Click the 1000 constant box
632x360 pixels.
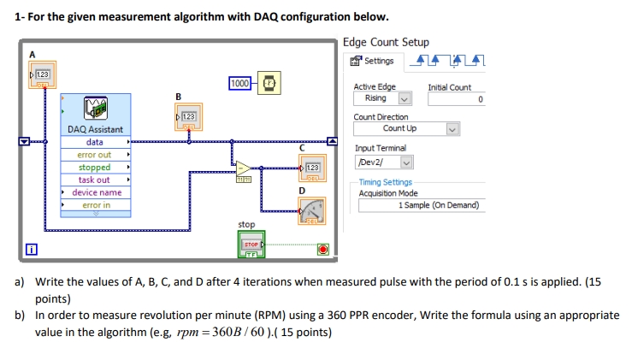[240, 83]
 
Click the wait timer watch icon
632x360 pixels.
[269, 83]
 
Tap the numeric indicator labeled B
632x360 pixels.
[187, 118]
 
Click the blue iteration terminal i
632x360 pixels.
[31, 250]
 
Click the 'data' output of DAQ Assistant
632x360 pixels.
[95, 142]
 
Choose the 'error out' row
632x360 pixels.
[95, 155]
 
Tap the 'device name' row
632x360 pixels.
[96, 192]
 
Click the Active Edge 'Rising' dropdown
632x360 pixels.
[383, 98]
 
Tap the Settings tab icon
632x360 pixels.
[372, 61]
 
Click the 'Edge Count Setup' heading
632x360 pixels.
[386, 43]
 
